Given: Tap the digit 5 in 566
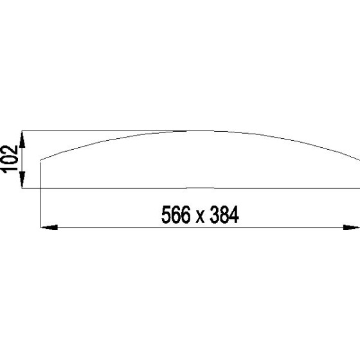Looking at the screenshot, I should (167, 216).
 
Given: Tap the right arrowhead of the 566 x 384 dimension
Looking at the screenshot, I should (352, 227).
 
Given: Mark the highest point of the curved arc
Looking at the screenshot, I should (193, 131).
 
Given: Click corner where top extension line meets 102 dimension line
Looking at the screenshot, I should (22, 131).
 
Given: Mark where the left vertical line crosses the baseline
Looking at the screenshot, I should (40, 188).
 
